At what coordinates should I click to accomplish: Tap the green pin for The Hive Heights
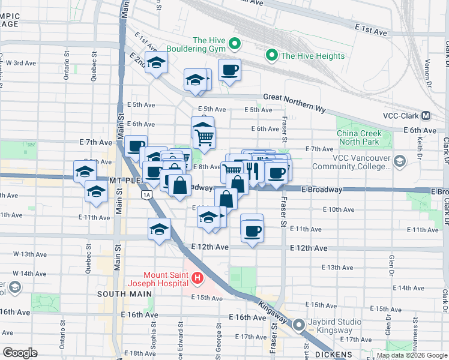pyautogui.click(x=271, y=56)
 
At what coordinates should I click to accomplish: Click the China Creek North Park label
pyautogui.click(x=358, y=137)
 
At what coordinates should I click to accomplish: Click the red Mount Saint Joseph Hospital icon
pyautogui.click(x=198, y=278)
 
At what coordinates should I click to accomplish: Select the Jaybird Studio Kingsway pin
pyautogui.click(x=300, y=325)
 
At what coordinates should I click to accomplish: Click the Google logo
pyautogui.click(x=20, y=353)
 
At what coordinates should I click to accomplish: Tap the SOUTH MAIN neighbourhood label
pyautogui.click(x=119, y=293)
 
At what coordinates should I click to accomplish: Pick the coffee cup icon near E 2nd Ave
pyautogui.click(x=229, y=70)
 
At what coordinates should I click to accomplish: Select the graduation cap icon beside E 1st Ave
pyautogui.click(x=156, y=62)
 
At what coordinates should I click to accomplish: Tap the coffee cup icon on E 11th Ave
pyautogui.click(x=252, y=229)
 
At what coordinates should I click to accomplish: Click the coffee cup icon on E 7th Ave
pyautogui.click(x=136, y=146)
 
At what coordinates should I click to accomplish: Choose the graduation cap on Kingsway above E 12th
pyautogui.click(x=160, y=229)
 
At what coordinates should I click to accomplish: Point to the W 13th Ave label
pyautogui.click(x=34, y=254)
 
